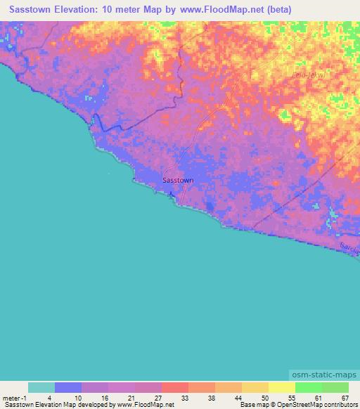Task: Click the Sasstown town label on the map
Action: pyautogui.click(x=178, y=181)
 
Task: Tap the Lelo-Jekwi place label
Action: pyautogui.click(x=307, y=74)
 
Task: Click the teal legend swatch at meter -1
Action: pyautogui.click(x=41, y=387)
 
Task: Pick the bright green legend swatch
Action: pyautogui.click(x=308, y=387)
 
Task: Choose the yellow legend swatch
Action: pyautogui.click(x=281, y=387)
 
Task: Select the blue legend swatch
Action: pyautogui.click(x=68, y=387)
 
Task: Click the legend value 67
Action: pyautogui.click(x=345, y=398)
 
